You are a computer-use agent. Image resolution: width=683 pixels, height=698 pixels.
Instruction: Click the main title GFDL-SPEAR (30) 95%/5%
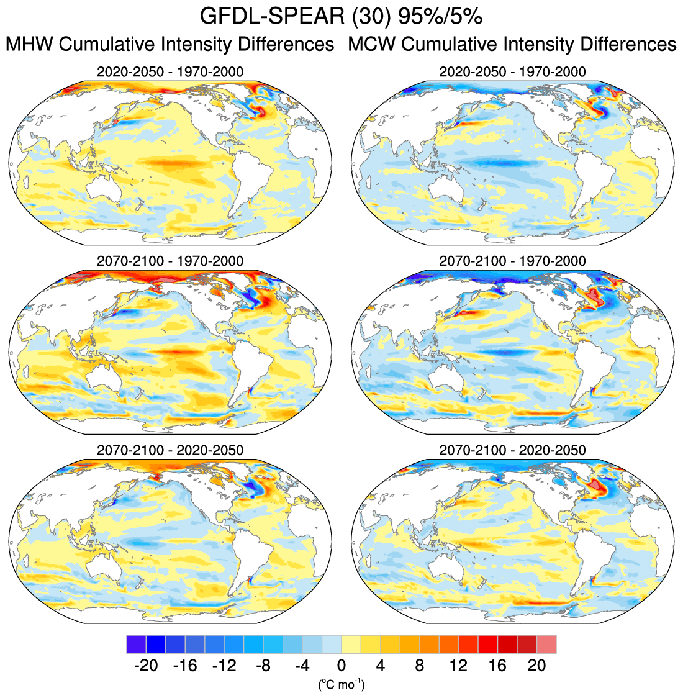tap(341, 17)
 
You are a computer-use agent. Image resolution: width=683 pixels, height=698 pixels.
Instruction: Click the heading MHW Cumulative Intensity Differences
tap(170, 45)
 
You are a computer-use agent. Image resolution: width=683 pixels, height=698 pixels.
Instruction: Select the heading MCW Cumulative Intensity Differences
tap(512, 45)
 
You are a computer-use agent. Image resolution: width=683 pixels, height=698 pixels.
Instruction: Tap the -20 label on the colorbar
tap(145, 666)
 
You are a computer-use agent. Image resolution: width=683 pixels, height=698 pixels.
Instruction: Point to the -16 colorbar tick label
tap(184, 666)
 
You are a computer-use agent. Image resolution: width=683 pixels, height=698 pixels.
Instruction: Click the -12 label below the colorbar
tap(224, 666)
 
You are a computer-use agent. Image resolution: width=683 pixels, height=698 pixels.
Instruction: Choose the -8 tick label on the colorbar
tap(263, 666)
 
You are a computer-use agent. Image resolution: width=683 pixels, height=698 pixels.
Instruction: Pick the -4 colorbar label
tap(302, 666)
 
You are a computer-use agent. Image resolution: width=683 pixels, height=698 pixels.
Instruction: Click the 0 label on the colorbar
tap(341, 666)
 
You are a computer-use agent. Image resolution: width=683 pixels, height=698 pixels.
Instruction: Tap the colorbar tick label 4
tap(380, 666)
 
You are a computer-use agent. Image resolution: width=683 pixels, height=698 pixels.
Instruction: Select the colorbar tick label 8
tap(419, 666)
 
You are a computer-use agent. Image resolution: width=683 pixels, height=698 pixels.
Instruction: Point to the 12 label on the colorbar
tap(458, 666)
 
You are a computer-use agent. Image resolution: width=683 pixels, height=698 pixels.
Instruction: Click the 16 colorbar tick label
tap(497, 666)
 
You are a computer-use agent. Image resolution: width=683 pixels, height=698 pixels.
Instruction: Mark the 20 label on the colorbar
tap(536, 666)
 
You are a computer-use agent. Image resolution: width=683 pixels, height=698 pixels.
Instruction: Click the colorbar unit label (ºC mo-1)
tap(341, 684)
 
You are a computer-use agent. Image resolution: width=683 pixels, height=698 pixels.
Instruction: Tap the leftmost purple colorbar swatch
tap(135, 644)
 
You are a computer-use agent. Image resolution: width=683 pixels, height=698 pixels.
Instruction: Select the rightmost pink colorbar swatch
tap(546, 644)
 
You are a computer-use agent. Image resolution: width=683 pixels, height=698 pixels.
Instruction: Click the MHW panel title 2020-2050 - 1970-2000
tap(170, 72)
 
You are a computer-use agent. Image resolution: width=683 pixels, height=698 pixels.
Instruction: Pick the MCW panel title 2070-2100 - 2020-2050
tap(512, 450)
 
